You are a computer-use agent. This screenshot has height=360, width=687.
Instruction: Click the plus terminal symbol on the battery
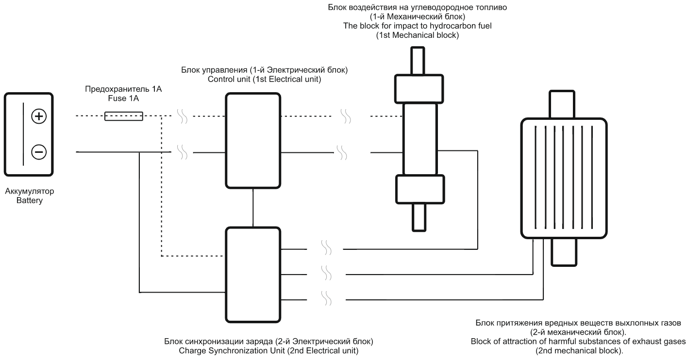pyautogui.click(x=39, y=116)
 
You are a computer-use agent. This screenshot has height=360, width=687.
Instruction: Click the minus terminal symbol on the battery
pyautogui.click(x=39, y=152)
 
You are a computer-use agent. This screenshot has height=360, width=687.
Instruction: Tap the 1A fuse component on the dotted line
pyautogui.click(x=124, y=116)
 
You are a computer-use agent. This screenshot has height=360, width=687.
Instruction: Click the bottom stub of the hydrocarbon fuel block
pyautogui.click(x=419, y=217)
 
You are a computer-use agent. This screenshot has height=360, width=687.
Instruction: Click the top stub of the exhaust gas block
pyautogui.click(x=563, y=103)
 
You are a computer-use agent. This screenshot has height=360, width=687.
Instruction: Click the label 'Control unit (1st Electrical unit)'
pyautogui.click(x=264, y=79)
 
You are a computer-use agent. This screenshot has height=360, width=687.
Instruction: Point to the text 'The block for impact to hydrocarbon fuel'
pyautogui.click(x=417, y=26)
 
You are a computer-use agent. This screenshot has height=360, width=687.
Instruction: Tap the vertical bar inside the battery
pyautogui.click(x=23, y=134)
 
